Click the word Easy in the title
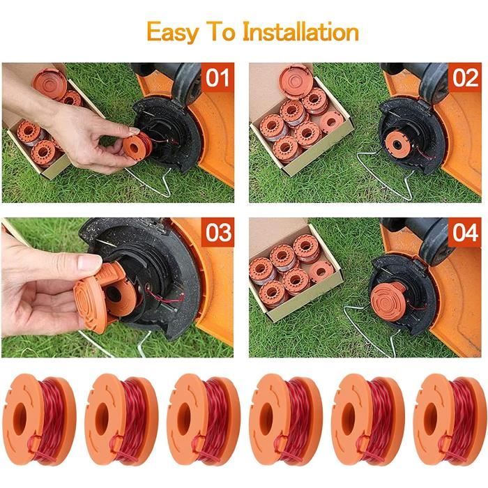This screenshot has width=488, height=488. [x=173, y=32]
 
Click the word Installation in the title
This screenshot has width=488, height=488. [x=300, y=31]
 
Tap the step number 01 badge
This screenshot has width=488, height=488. [x=218, y=77]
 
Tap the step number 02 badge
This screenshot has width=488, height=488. [x=465, y=77]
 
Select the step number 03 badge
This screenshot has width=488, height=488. [x=218, y=232]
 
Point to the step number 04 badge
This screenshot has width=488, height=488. [x=465, y=232]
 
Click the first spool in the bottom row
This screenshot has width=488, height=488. [x=39, y=419]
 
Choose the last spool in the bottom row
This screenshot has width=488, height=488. [x=450, y=419]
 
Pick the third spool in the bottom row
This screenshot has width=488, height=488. [x=204, y=419]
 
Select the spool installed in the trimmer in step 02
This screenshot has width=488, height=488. [x=397, y=144]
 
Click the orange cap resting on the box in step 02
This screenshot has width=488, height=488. [x=294, y=81]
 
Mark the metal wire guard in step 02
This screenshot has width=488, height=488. [x=386, y=176]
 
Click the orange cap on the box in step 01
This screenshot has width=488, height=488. [x=47, y=82]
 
